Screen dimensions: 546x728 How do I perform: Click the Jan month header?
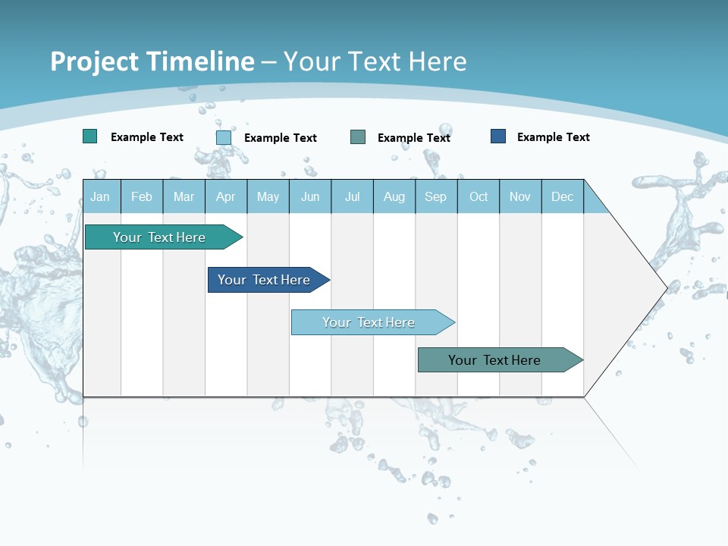101,196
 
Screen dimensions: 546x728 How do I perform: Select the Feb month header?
142,196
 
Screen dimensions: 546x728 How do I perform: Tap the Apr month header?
226,196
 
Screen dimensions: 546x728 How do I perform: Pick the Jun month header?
310,196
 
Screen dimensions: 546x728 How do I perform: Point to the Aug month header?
394,196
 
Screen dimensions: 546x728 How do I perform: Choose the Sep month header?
436,196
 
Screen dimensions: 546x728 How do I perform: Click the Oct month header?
479,196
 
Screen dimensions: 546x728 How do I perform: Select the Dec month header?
563,196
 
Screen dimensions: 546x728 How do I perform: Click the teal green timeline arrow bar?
160,237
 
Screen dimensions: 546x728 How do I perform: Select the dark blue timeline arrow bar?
265,280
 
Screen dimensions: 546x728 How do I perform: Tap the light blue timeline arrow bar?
369,322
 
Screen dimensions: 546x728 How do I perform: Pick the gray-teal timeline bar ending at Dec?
495,360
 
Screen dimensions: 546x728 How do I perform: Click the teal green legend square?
90,136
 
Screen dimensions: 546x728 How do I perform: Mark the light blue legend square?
224,137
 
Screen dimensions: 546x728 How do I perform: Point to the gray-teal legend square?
358,136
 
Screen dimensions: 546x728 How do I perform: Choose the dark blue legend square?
498,136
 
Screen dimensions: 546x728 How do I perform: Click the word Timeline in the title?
200,61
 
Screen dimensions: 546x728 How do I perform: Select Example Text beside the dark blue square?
553,136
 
